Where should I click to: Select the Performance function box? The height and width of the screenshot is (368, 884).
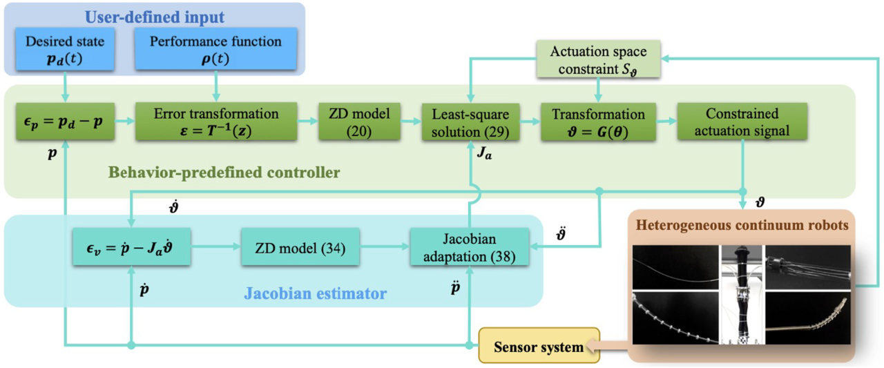pyautogui.click(x=216, y=49)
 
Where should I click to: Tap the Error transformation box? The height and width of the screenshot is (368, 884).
pyautogui.click(x=215, y=121)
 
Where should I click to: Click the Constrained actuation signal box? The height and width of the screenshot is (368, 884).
pyautogui.click(x=742, y=121)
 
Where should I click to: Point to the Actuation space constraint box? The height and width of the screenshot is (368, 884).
pyautogui.click(x=598, y=59)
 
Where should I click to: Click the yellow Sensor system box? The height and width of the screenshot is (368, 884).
pyautogui.click(x=539, y=347)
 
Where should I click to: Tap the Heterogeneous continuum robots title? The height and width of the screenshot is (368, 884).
pyautogui.click(x=742, y=225)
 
